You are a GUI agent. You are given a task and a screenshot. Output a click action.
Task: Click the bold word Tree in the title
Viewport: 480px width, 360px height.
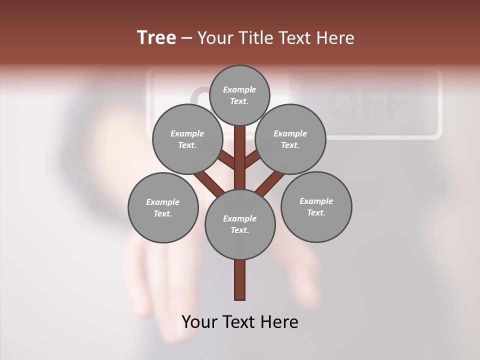[156, 37]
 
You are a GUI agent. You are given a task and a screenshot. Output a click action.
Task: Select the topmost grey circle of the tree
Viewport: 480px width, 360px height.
[239, 95]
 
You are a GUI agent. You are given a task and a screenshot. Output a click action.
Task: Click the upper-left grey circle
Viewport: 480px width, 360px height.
[187, 139]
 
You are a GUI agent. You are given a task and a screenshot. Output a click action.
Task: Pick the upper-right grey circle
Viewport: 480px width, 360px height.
[290, 139]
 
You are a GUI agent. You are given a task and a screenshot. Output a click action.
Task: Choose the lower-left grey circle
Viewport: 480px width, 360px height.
[162, 207]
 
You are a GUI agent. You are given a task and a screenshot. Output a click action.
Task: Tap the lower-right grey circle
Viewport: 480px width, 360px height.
[316, 206]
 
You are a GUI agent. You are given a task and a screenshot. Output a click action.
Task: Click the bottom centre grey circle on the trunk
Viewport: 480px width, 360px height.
[239, 224]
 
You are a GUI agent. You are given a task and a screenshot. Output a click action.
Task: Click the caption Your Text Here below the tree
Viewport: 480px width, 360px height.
[239, 321]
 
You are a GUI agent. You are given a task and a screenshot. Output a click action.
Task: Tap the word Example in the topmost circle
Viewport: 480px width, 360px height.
[239, 89]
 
